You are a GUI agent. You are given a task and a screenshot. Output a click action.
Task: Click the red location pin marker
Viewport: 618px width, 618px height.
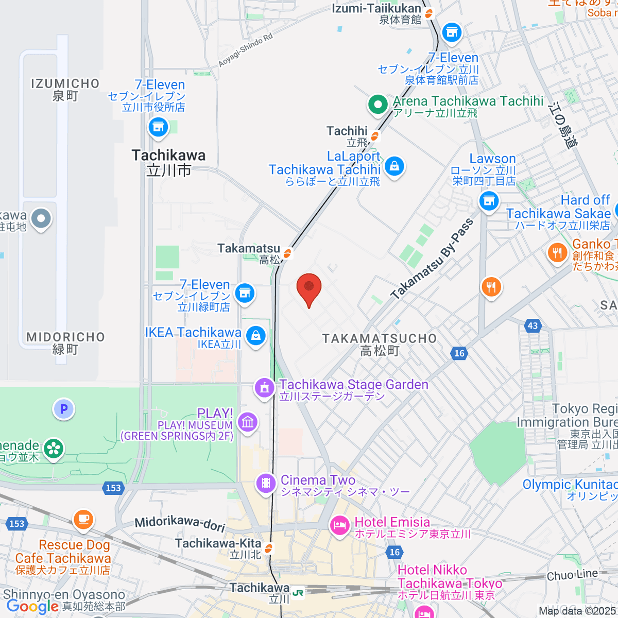[309, 288]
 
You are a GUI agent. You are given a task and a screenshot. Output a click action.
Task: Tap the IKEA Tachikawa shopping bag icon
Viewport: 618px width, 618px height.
[256, 336]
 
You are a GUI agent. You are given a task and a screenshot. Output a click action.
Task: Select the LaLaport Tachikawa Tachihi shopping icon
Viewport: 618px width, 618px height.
[394, 166]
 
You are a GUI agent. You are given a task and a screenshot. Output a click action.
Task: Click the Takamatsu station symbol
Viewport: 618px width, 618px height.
[287, 253]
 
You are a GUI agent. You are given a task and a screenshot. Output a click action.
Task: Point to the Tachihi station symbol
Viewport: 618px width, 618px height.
[375, 136]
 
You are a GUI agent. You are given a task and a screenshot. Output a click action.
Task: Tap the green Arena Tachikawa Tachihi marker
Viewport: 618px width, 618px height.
[378, 105]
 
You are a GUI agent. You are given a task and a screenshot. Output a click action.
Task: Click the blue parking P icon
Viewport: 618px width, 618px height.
[64, 409]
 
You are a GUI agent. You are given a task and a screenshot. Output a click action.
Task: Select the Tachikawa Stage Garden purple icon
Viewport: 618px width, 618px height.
[265, 388]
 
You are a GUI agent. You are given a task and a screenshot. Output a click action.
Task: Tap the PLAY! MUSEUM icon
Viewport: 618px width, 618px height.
[248, 423]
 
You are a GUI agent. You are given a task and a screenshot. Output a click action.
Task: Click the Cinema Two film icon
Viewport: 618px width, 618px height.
[266, 483]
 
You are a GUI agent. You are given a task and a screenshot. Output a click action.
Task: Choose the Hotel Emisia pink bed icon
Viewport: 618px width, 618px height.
[339, 526]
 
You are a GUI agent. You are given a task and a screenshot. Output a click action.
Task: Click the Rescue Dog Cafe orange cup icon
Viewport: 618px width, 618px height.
[83, 519]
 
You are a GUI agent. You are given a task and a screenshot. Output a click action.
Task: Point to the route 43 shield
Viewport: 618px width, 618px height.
[533, 325]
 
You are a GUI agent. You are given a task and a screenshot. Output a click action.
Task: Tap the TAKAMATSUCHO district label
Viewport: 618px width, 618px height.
[380, 345]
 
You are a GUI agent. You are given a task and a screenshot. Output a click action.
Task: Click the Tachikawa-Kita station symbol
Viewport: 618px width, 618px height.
[268, 550]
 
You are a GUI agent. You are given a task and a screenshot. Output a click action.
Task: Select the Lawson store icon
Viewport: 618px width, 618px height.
[489, 200]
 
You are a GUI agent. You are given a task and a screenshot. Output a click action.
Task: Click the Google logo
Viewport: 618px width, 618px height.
[32, 607]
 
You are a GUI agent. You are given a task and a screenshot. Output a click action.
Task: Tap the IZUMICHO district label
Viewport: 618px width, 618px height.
[65, 89]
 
